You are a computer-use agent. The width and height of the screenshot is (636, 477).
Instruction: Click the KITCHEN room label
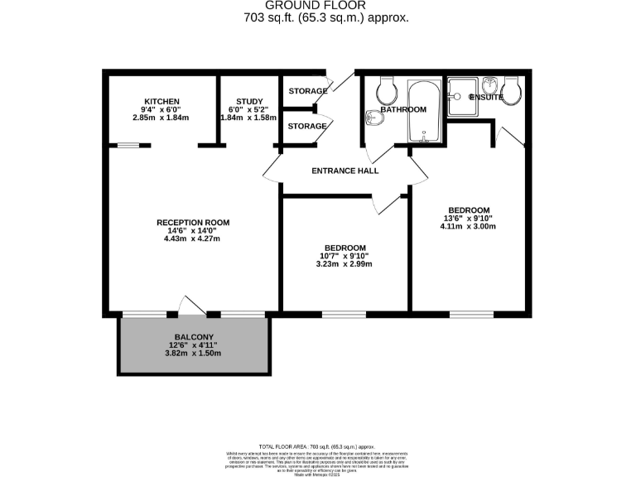(x=161, y=101)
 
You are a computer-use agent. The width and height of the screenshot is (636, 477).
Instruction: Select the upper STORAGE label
(x=307, y=90)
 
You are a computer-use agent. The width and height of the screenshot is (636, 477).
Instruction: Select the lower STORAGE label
(x=307, y=127)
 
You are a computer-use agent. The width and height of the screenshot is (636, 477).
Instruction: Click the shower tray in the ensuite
(x=462, y=94)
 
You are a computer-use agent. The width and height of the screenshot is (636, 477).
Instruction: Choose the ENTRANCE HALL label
(x=344, y=171)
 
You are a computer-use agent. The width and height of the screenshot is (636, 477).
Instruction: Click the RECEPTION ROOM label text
(x=193, y=223)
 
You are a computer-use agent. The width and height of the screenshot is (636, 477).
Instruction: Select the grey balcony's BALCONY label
(x=193, y=336)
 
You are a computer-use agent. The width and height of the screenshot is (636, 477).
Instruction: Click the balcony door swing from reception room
(x=192, y=306)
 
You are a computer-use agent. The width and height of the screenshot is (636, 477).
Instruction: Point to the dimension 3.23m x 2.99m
(x=344, y=265)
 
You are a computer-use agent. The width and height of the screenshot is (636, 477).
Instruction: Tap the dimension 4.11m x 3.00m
(x=468, y=227)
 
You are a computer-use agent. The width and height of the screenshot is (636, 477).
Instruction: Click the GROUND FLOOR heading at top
(x=318, y=6)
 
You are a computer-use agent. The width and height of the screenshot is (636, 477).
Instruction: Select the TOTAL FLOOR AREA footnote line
(x=318, y=446)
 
